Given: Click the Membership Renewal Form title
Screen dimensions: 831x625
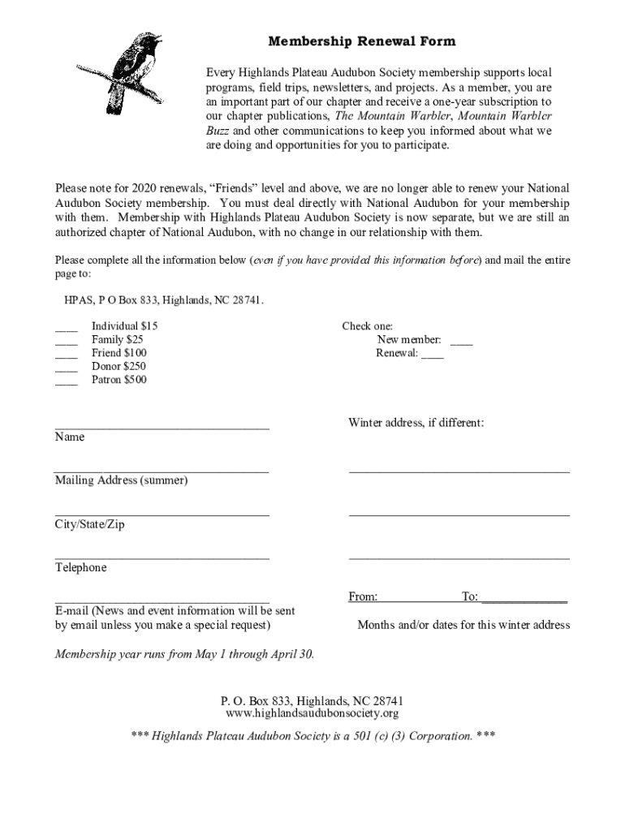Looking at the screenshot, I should click(362, 41).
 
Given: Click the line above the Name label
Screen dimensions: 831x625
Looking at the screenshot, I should click(162, 426).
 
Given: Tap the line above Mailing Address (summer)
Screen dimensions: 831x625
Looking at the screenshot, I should click(162, 470).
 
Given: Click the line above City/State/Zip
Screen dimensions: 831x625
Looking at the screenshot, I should click(162, 514).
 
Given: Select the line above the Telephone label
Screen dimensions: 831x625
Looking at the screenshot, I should click(162, 558).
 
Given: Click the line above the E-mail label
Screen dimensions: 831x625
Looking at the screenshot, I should click(162, 601).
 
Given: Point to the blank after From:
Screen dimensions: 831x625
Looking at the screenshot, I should click(418, 600).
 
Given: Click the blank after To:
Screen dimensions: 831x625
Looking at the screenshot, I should click(524, 600).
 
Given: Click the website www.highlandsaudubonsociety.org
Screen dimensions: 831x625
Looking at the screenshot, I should click(312, 714).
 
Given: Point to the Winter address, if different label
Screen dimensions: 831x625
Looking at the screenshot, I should click(416, 423).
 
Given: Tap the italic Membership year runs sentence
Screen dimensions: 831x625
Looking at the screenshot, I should click(184, 654).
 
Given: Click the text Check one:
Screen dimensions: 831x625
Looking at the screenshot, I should click(367, 326).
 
